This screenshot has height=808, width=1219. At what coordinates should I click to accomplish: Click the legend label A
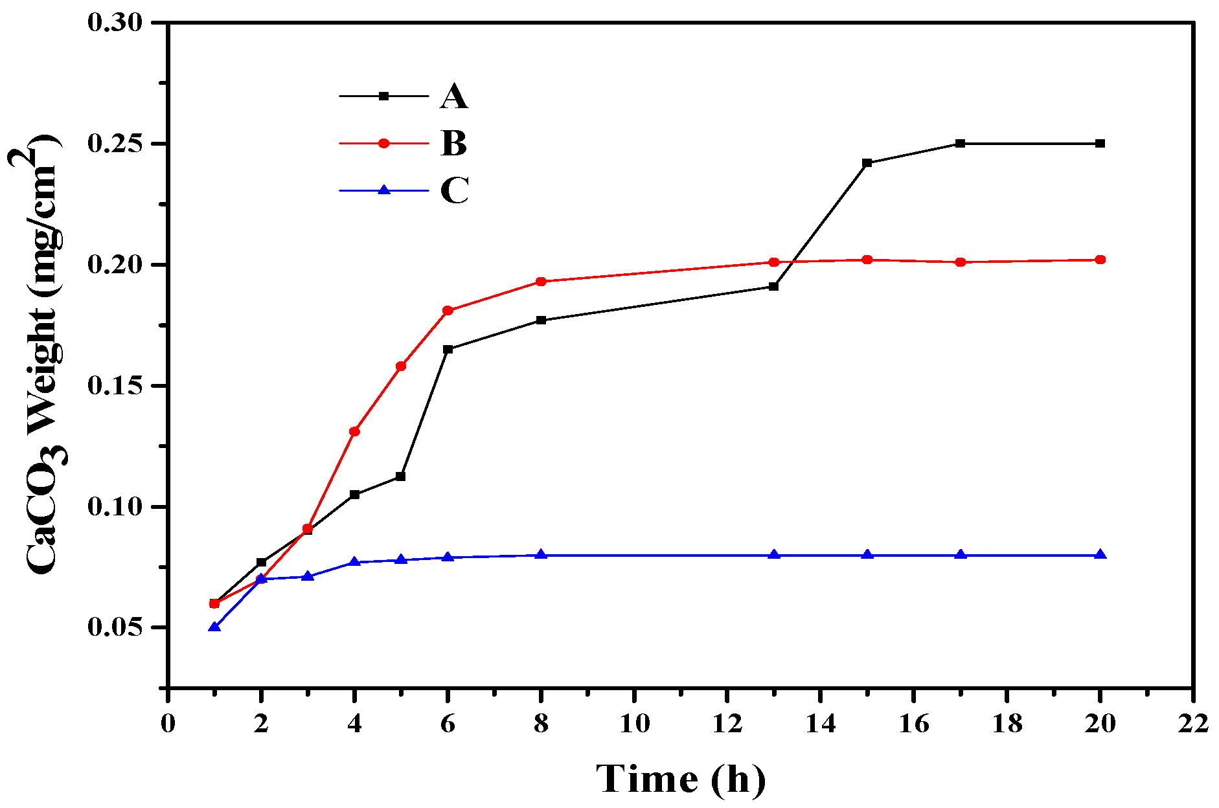[453, 96]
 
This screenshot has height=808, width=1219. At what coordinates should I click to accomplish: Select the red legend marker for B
[383, 143]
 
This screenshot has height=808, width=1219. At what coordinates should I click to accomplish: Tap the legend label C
[454, 190]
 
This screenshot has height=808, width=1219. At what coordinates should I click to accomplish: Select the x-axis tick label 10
[634, 723]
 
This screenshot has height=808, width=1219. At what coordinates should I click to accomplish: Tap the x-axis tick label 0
[168, 723]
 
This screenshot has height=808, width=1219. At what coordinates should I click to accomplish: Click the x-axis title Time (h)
[680, 779]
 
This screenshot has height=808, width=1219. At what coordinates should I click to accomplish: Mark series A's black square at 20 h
[1100, 143]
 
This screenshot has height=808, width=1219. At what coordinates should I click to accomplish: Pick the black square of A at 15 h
[867, 163]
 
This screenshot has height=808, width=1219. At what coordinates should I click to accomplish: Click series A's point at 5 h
[400, 477]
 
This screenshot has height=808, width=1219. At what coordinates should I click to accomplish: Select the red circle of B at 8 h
[541, 282]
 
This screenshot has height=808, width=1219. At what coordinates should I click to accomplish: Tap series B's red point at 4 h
[354, 431]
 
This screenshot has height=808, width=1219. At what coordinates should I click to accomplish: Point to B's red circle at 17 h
[961, 262]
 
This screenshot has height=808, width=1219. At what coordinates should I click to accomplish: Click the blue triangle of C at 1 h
[214, 627]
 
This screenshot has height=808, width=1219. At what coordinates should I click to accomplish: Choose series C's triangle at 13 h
[773, 555]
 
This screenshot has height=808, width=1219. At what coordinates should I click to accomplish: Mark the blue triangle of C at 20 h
[1100, 555]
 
